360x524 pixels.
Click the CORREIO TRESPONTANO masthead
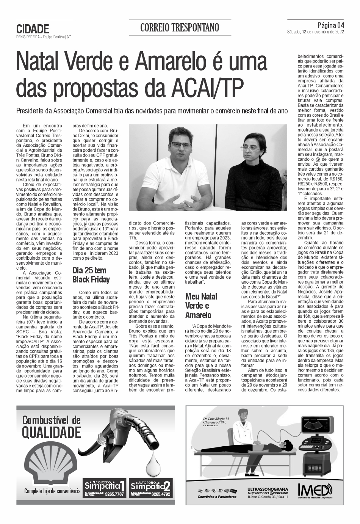tap(180, 28)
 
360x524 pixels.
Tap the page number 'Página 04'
tap(330, 25)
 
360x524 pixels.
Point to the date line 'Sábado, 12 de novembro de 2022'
tap(315, 32)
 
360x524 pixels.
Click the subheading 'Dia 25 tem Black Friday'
tap(91, 275)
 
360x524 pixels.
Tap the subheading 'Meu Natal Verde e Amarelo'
tap(201, 306)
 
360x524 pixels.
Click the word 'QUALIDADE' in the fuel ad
tap(51, 432)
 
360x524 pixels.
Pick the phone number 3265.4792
tap(161, 494)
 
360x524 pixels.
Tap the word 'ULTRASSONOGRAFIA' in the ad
tap(268, 489)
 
